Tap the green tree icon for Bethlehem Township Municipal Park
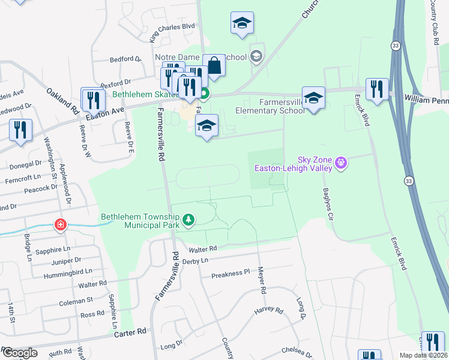coord(189,220)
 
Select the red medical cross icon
coord(60,225)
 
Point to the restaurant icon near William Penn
coord(376,89)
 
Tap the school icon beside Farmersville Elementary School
coord(313,98)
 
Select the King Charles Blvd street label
coord(172,34)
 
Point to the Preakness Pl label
coord(230,274)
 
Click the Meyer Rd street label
coord(262,280)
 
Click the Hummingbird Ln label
coord(63,271)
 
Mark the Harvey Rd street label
coord(268,310)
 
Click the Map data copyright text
coord(424,355)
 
